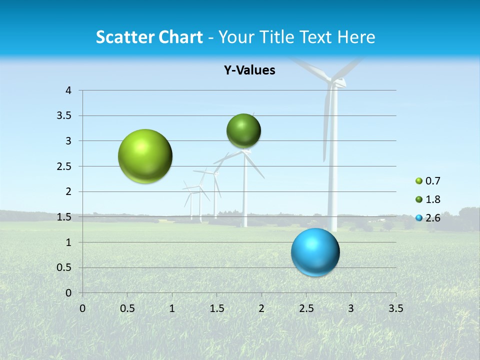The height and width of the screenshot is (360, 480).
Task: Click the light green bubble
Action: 145,156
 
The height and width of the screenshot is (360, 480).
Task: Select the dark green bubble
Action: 243,131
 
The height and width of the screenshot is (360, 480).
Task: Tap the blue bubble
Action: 315,252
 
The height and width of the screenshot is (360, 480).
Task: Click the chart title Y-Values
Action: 249,70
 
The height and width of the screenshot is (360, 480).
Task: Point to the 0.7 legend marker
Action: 419,181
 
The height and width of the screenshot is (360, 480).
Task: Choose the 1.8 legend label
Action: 432,199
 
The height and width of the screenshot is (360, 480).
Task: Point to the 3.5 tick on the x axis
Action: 395,308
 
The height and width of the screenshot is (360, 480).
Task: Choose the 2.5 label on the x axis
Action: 306,308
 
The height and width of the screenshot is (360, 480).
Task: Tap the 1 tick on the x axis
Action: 172,308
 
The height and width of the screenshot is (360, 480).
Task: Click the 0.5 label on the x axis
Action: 127,308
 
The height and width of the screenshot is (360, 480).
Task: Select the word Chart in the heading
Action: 180,37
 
